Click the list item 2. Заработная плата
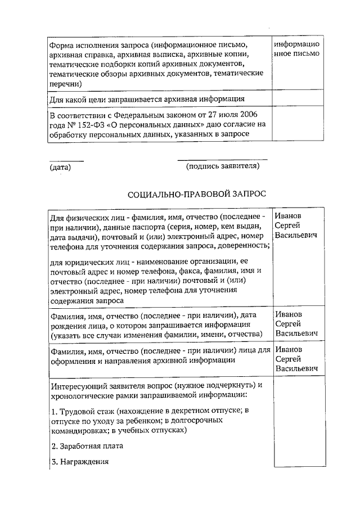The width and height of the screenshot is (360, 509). tap(87, 446)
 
